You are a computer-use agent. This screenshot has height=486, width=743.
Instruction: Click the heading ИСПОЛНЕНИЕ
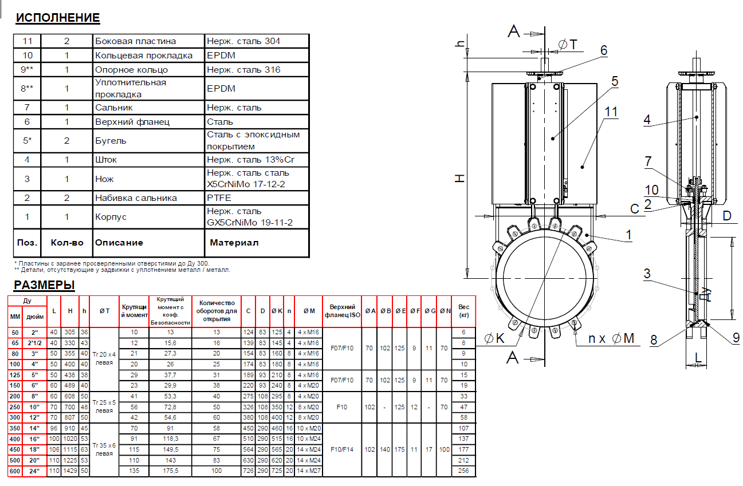pyautogui.click(x=58, y=18)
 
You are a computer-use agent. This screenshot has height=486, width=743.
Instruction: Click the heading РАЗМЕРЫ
pyautogui.click(x=44, y=285)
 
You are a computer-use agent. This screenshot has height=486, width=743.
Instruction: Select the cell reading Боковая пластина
pyautogui.click(x=135, y=41)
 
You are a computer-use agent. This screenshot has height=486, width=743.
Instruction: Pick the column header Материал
pyautogui.click(x=234, y=243)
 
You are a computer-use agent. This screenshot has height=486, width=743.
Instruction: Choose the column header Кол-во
pyautogui.click(x=66, y=243)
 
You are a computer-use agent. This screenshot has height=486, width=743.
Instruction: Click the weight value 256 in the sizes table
pyautogui.click(x=463, y=471)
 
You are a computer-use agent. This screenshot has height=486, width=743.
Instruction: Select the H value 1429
pyautogui.click(x=70, y=471)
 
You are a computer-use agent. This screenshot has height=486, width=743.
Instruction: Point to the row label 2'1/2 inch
pyautogui.click(x=34, y=343)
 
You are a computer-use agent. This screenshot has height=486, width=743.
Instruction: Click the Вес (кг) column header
pyautogui.click(x=463, y=311)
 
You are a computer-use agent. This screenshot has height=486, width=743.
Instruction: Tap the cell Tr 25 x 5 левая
pyautogui.click(x=104, y=406)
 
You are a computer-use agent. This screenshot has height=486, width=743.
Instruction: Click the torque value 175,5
pyautogui.click(x=170, y=471)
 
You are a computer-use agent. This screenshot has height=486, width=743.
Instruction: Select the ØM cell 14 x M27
pyautogui.click(x=308, y=471)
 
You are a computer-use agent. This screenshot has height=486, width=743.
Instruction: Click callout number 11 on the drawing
pyautogui.click(x=611, y=112)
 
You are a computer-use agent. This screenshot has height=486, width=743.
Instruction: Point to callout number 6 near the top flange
pyautogui.click(x=604, y=50)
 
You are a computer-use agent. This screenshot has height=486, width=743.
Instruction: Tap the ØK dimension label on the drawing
pyautogui.click(x=494, y=338)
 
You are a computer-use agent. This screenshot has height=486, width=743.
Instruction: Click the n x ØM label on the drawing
pyautogui.click(x=611, y=338)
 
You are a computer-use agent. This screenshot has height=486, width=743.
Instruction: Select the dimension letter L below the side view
pyautogui.click(x=698, y=358)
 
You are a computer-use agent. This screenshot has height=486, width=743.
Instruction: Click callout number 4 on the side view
pyautogui.click(x=647, y=119)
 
